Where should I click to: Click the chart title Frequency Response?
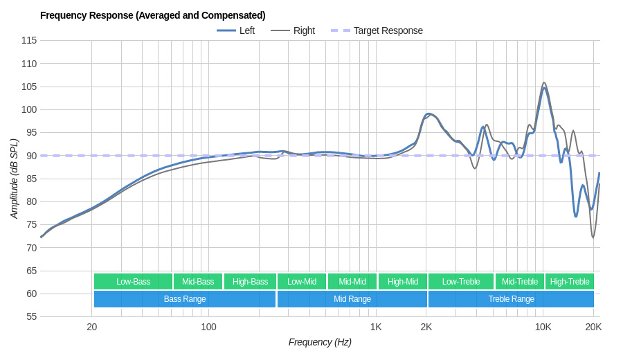click(x=152, y=15)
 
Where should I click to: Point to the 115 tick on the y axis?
click(x=29, y=40)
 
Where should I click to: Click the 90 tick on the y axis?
click(x=31, y=156)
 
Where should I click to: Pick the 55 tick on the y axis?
click(x=31, y=316)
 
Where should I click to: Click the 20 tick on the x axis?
click(x=91, y=327)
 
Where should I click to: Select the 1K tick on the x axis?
click(x=376, y=327)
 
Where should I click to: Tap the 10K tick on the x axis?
click(x=543, y=327)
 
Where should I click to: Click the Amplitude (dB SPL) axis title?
click(x=14, y=179)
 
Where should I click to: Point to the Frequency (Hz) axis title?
click(x=320, y=342)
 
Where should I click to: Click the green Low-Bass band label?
click(x=133, y=282)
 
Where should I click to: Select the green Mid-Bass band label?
click(x=198, y=282)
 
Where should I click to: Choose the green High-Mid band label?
click(x=403, y=282)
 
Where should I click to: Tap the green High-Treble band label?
click(x=570, y=282)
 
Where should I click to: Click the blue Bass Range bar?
click(x=185, y=299)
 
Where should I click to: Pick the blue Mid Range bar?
click(x=352, y=299)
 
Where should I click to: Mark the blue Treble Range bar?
click(x=511, y=299)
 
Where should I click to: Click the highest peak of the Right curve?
click(x=544, y=83)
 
